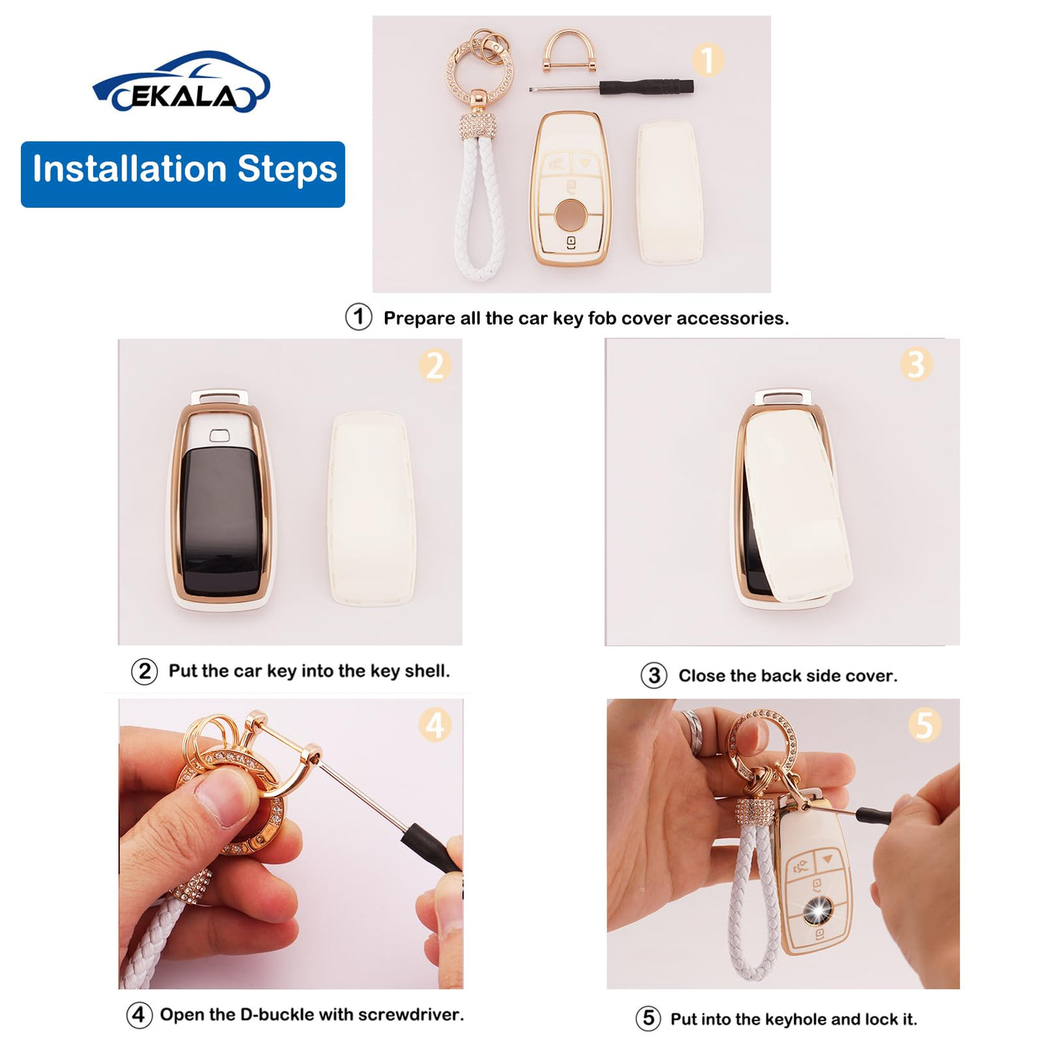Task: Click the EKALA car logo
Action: pyautogui.click(x=181, y=81)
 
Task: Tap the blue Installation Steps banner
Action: pyautogui.click(x=183, y=174)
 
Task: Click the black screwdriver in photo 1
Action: pyautogui.click(x=611, y=86)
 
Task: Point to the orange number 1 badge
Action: pyautogui.click(x=707, y=60)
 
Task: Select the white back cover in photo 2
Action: pyautogui.click(x=372, y=508)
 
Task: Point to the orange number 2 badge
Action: pyautogui.click(x=435, y=366)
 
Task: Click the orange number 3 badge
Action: pyautogui.click(x=916, y=364)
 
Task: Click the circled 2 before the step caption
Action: pyautogui.click(x=144, y=671)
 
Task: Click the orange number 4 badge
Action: pyautogui.click(x=435, y=726)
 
